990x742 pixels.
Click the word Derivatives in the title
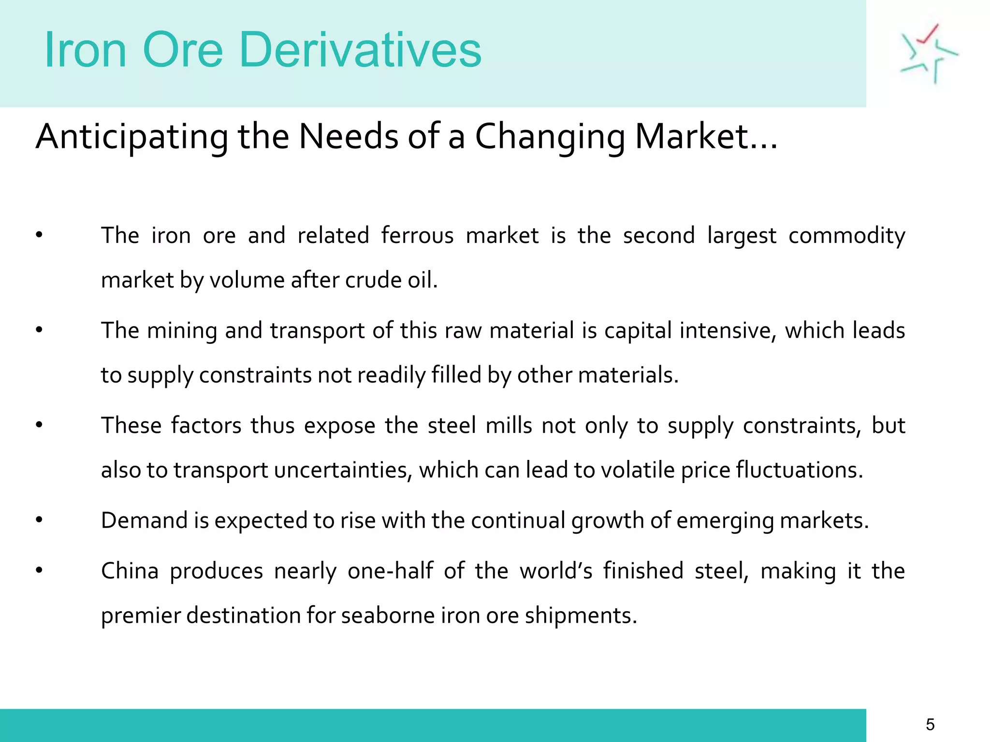tap(360, 50)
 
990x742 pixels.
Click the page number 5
tap(930, 724)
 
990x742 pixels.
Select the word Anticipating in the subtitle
tap(131, 137)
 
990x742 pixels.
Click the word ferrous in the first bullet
tap(417, 236)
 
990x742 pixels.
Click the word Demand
tap(144, 521)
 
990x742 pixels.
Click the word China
tap(130, 571)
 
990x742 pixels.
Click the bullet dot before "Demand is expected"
tap(39, 520)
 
